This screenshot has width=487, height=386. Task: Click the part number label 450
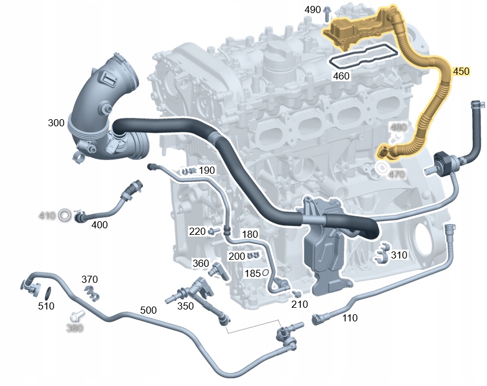coord(461,71)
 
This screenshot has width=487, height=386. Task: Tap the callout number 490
coord(313,10)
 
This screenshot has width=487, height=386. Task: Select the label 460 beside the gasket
coord(342,76)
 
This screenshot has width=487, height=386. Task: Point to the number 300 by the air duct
coord(56,123)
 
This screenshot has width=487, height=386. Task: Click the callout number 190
coord(207,171)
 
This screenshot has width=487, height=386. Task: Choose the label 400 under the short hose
coord(100,225)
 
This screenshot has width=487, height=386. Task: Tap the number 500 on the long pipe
coord(149,310)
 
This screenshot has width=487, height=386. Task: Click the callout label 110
coord(350,318)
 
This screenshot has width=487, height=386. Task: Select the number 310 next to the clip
coord(399,256)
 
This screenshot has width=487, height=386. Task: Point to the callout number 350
coord(186,306)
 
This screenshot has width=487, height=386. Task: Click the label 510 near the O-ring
coord(46,306)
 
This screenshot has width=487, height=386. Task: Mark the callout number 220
coord(197,230)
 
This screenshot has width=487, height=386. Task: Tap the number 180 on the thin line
coord(250,234)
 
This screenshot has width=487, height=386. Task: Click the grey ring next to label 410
coord(63,215)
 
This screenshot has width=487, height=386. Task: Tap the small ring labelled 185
coord(266,273)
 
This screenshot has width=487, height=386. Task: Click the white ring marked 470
coord(380,170)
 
